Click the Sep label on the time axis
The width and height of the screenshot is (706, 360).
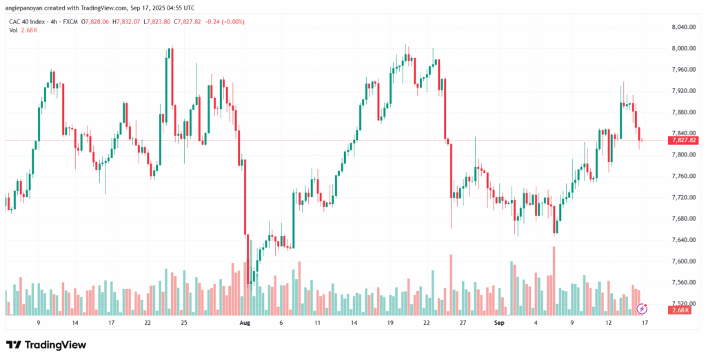499,322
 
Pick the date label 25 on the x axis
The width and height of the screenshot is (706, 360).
183,322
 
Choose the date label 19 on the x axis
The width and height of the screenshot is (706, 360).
390,322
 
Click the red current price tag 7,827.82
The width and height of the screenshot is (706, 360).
683,140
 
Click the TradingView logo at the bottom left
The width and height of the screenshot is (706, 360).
46,344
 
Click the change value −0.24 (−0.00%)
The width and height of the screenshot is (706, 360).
223,21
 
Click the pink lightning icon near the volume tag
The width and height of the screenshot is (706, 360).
642,308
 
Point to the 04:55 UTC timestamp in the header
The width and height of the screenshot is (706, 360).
180,8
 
